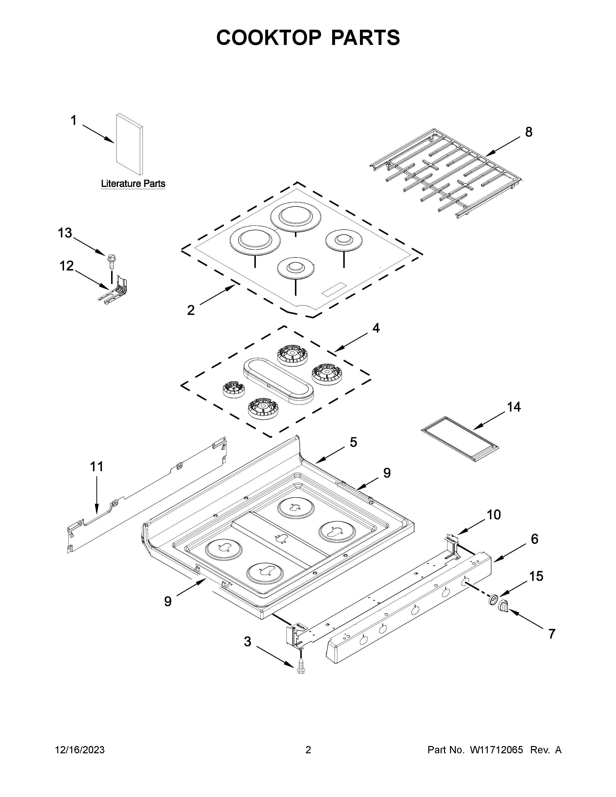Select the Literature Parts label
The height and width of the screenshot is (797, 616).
(133, 184)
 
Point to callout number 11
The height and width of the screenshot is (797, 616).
(97, 466)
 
